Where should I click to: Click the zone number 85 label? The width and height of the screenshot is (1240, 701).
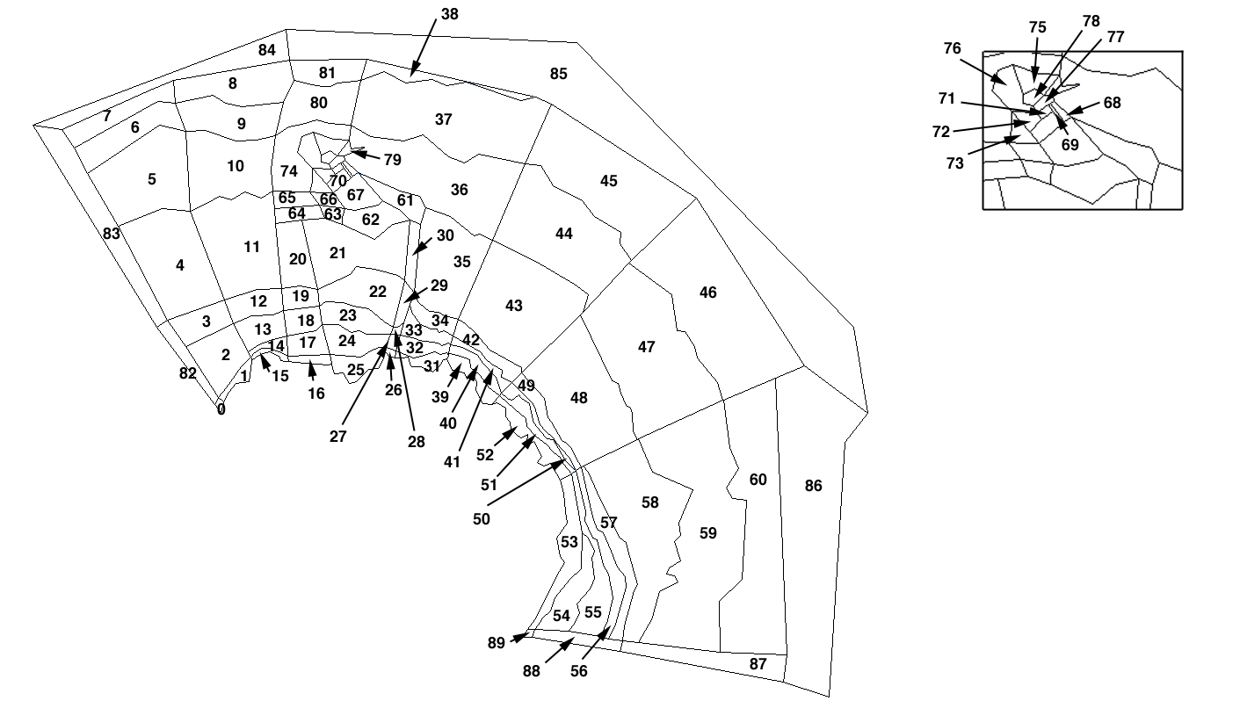point(558,74)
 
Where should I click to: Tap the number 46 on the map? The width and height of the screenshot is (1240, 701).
point(707,293)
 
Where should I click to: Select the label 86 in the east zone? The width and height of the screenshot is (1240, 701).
point(813,486)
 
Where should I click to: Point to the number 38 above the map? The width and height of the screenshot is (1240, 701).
point(449,14)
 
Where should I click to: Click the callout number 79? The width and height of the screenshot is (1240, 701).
point(392,160)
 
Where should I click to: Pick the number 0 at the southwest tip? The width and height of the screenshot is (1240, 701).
point(221,409)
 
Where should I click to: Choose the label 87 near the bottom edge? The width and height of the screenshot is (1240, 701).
point(758,664)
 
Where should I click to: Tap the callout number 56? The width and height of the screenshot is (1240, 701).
point(578,672)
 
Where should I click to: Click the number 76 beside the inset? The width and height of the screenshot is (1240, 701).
point(952,49)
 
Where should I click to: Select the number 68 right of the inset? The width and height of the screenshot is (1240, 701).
point(1112,103)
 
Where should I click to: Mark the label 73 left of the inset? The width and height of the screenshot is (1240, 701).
point(954,163)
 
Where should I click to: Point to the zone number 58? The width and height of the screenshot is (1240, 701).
point(649,502)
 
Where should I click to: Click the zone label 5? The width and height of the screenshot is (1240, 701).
point(152,179)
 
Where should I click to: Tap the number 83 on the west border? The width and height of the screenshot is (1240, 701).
point(111,234)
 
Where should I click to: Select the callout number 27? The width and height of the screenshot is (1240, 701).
point(338,437)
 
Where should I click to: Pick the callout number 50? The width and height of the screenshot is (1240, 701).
point(481,519)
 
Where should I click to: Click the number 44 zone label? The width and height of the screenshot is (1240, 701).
point(564,234)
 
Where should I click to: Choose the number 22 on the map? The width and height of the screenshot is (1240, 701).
point(377,292)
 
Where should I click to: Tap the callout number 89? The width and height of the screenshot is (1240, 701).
point(496,643)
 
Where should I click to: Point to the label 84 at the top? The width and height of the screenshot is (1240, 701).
point(267,50)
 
